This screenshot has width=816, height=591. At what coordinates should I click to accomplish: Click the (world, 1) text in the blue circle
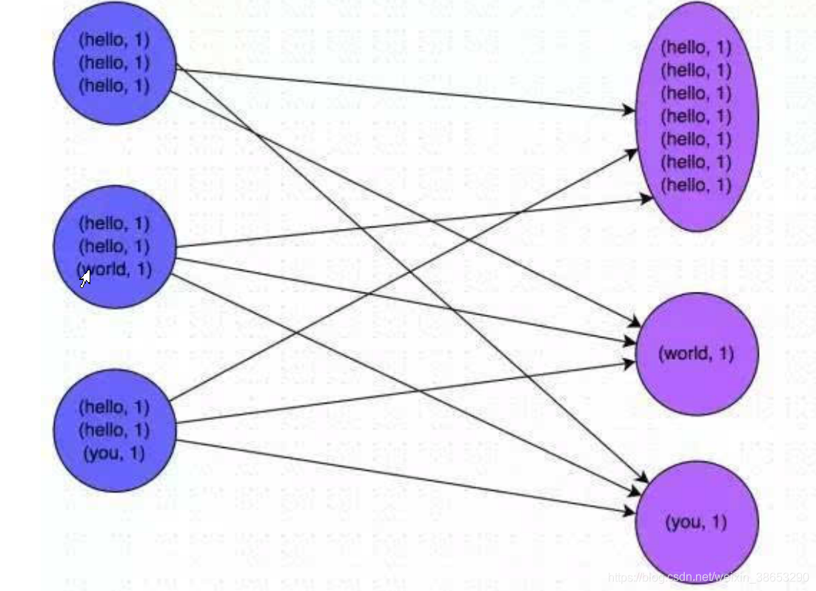(117, 269)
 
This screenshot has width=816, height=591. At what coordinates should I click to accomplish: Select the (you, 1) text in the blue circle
(114, 453)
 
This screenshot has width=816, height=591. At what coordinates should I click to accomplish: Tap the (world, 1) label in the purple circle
(696, 353)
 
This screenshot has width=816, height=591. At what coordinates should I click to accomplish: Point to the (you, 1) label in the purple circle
(696, 522)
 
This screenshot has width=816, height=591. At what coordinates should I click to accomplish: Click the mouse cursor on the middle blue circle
(85, 278)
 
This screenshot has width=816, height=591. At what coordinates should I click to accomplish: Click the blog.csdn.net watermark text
(707, 577)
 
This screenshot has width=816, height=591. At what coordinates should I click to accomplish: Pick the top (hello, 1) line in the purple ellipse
(696, 47)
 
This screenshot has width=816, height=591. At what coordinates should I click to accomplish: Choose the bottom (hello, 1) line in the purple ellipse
(696, 184)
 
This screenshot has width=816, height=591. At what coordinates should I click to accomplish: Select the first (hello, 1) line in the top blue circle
(114, 39)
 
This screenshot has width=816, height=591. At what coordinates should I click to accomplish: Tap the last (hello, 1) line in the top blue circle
(114, 85)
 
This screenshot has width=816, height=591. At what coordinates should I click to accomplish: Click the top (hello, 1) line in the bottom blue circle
(114, 407)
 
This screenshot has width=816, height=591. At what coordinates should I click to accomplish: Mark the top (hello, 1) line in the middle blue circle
(114, 223)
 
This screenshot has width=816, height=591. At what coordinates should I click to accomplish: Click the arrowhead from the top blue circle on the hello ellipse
(629, 111)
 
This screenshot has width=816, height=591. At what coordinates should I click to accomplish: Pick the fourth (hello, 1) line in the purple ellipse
(696, 116)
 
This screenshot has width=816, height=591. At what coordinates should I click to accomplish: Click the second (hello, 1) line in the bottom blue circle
(114, 430)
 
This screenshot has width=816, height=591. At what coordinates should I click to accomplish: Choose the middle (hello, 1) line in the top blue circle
(114, 62)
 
